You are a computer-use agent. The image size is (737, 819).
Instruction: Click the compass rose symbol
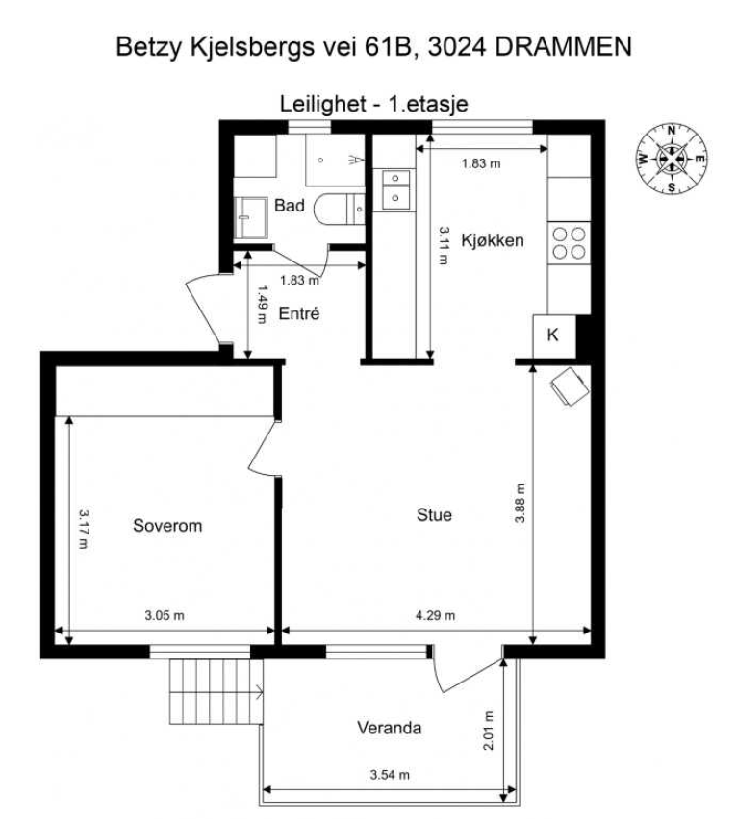pyautogui.click(x=671, y=160)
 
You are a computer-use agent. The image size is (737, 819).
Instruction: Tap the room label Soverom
pyautogui.click(x=167, y=526)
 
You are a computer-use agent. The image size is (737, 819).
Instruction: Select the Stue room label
pyautogui.click(x=434, y=515)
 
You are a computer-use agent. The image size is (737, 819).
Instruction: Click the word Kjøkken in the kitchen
pyautogui.click(x=493, y=240)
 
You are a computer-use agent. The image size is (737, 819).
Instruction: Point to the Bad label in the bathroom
pyautogui.click(x=289, y=205)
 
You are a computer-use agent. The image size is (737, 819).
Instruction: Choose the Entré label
pyautogui.click(x=298, y=313)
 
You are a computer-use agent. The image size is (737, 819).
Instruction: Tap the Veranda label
pyautogui.click(x=389, y=728)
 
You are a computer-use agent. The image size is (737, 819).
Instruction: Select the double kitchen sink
pyautogui.click(x=395, y=190)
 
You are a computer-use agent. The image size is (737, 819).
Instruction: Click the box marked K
pyautogui.click(x=552, y=335)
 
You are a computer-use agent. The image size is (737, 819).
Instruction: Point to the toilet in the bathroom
pyautogui.click(x=340, y=209)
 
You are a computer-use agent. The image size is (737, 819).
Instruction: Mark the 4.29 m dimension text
pyautogui.click(x=435, y=616)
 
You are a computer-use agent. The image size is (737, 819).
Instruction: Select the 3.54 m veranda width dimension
pyautogui.click(x=390, y=775)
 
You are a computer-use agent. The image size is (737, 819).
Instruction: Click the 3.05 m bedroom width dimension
pyautogui.click(x=164, y=616)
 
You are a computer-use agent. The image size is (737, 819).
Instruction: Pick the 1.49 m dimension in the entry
pyautogui.click(x=262, y=304)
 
